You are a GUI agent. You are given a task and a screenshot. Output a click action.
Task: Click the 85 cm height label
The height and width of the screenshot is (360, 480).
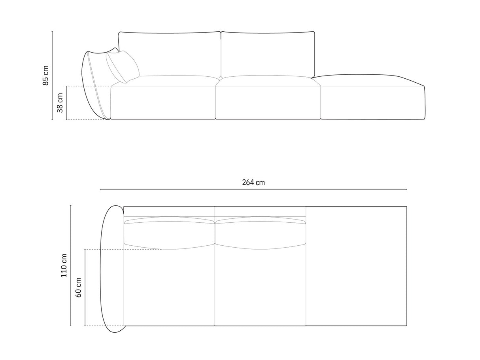pyautogui.click(x=46, y=76)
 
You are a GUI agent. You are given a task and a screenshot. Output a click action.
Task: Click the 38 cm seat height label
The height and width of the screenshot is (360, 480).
pyautogui.click(x=60, y=103)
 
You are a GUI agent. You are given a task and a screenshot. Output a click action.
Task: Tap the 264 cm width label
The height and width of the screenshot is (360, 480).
pyautogui.click(x=253, y=182)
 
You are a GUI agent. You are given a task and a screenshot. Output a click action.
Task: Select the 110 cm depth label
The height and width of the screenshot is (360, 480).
pyautogui.click(x=64, y=265)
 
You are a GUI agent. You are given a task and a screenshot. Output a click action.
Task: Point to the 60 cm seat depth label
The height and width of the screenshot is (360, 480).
pyautogui.click(x=78, y=287)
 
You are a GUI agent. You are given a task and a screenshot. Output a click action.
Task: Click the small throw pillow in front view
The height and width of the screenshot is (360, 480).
pyautogui.click(x=123, y=66)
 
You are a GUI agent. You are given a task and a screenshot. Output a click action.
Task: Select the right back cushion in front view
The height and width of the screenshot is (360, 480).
pyautogui.click(x=268, y=53)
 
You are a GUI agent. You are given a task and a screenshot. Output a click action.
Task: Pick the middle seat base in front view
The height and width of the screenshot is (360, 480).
pyautogui.click(x=268, y=102)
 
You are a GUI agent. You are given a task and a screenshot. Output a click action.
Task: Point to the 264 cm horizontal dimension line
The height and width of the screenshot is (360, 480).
pyautogui.click(x=253, y=190)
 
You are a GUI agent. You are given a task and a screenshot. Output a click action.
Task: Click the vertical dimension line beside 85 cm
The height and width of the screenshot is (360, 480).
pyautogui.click(x=52, y=76)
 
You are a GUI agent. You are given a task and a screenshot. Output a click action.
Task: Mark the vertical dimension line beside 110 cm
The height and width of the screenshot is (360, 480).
pyautogui.click(x=71, y=265)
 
